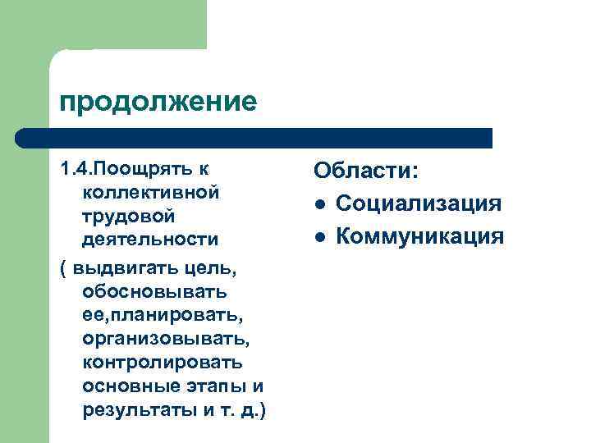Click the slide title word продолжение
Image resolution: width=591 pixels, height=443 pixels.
pos(158,102)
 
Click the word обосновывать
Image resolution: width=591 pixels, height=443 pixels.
pos(155,291)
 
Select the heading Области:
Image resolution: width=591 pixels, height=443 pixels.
pos(367,172)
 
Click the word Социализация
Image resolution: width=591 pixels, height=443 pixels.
pos(418,204)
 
